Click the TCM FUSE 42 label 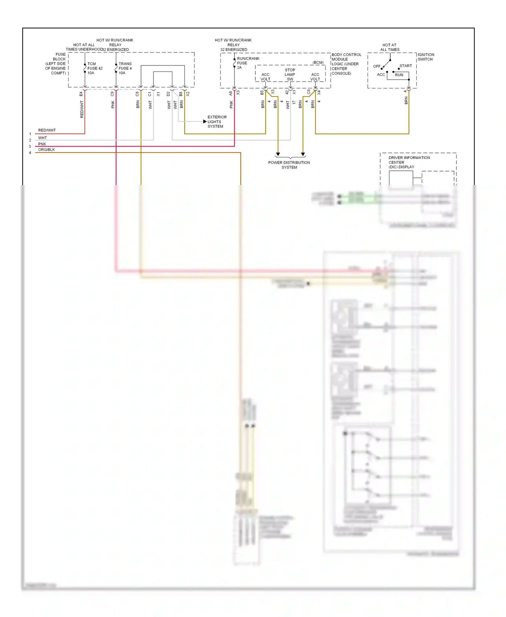point(95,68)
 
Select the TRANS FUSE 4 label point(125,68)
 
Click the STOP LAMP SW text point(290,75)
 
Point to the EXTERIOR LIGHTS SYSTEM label point(217,122)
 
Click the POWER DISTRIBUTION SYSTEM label point(289,165)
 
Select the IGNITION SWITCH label point(426,57)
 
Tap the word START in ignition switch point(405,66)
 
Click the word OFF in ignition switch point(376,66)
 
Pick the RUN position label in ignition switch point(399,75)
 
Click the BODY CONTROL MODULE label point(346,59)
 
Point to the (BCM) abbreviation point(318,62)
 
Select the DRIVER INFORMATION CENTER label point(409,162)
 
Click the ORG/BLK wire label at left point(46,150)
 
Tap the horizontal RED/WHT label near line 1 point(47,130)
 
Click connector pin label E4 point(81,94)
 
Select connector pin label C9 point(112,94)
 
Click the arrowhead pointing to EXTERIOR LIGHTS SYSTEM point(205,122)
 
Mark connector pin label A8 point(231,93)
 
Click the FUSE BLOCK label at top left point(56,63)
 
